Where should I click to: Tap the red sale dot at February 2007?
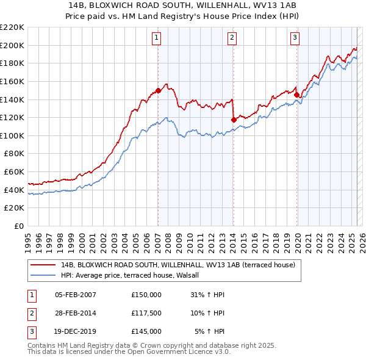pyautogui.click(x=158, y=90)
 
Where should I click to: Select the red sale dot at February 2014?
pyautogui.click(x=234, y=120)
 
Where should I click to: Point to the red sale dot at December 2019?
pyautogui.click(x=297, y=95)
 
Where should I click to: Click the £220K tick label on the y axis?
pyautogui.click(x=12, y=27)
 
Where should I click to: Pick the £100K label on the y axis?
pyautogui.click(x=12, y=135)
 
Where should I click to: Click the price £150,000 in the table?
pyautogui.click(x=146, y=295)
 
